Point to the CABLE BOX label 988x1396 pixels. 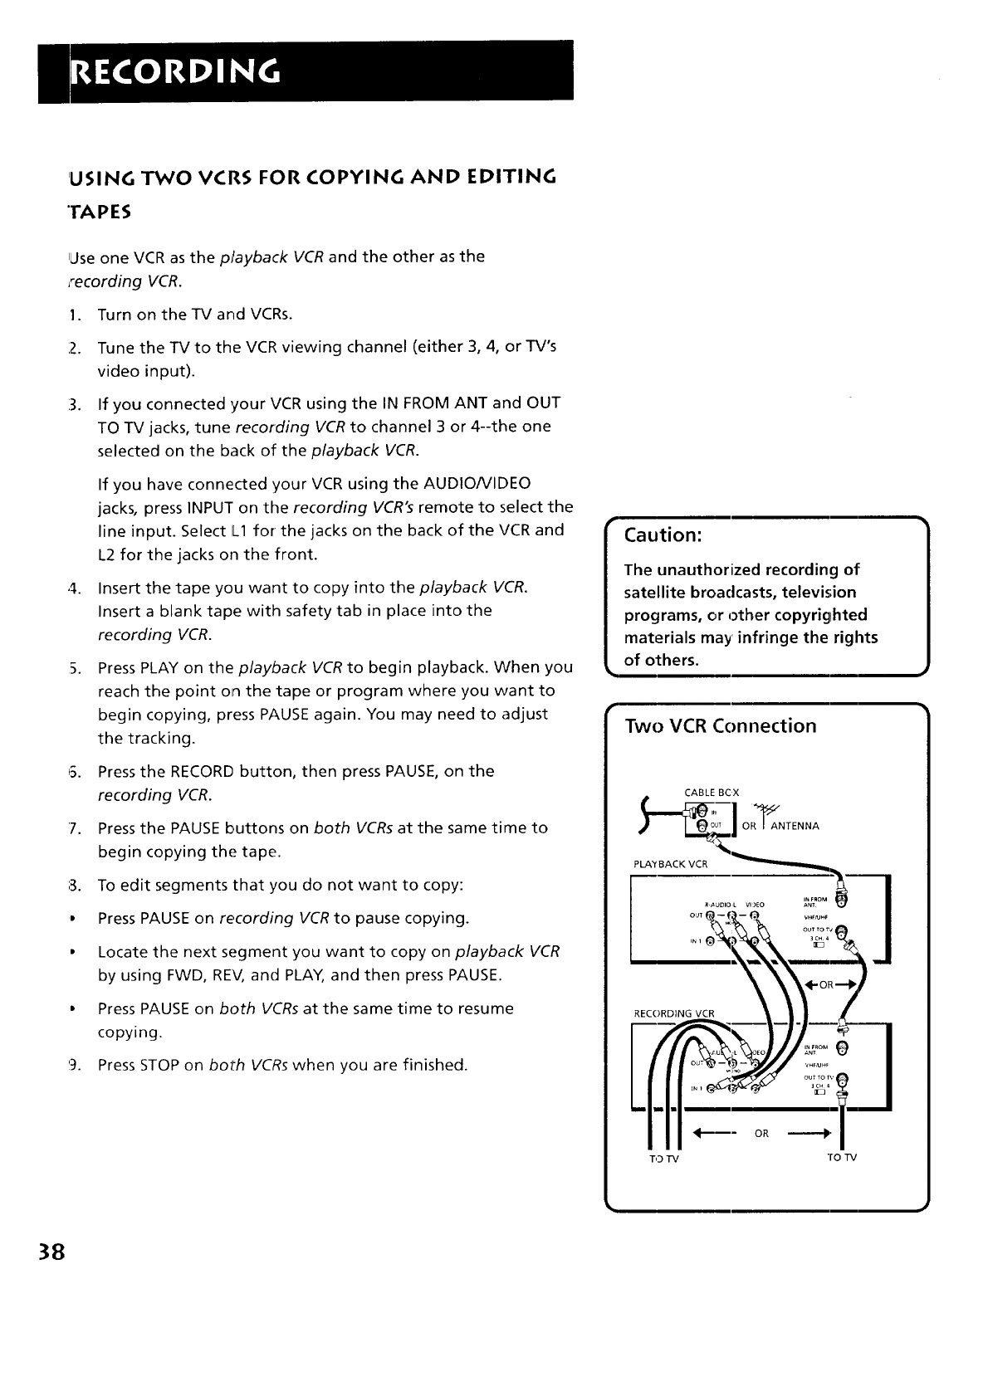pos(712,793)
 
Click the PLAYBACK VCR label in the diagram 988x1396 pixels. pos(670,863)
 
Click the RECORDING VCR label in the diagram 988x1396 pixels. pos(674,1013)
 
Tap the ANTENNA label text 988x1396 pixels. pos(795,826)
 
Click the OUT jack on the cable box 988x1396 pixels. pos(701,825)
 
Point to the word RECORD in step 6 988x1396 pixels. pos(203,771)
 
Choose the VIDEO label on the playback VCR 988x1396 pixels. pos(755,904)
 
